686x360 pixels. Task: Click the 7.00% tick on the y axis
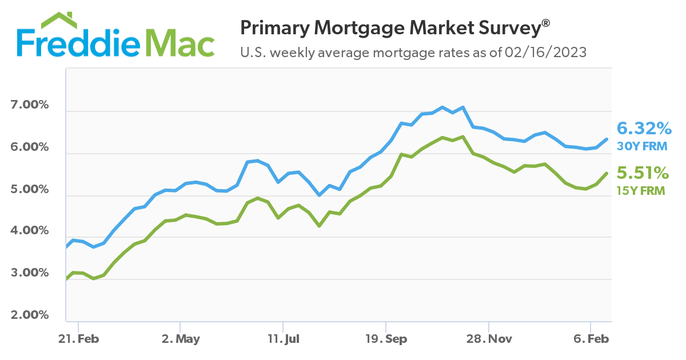point(29,106)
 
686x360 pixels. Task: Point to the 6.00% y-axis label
point(29,147)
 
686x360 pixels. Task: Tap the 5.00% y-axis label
point(29,189)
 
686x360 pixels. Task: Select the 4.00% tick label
point(29,231)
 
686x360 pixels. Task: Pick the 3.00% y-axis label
point(29,273)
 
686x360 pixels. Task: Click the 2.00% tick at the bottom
point(29,315)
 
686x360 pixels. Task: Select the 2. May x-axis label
point(181,339)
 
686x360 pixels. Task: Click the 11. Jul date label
point(284,339)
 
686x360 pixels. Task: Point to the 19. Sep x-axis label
point(386,339)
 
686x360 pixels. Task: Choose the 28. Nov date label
point(489,339)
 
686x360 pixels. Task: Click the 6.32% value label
point(643,127)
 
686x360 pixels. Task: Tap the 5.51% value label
point(642,173)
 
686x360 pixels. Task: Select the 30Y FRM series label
point(642,146)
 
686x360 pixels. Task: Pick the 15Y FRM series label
point(641,191)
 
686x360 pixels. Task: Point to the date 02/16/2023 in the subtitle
point(547,53)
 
